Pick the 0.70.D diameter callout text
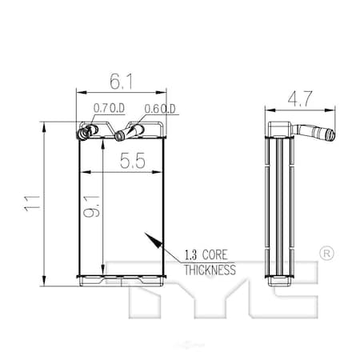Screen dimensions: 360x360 point(107,108)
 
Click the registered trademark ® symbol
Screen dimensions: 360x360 point(326,253)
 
